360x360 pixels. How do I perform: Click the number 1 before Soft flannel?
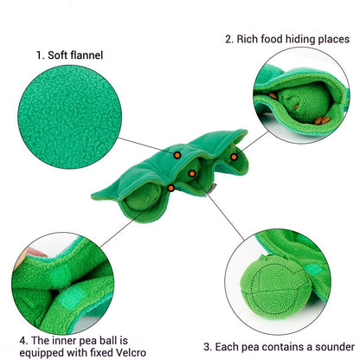[x=39, y=55]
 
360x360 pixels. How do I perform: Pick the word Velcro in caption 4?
[x=131, y=352]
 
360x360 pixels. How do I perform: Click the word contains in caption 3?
[x=281, y=347]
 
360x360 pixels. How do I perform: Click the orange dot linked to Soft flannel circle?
[x=177, y=155]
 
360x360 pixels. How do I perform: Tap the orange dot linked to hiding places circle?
[x=234, y=157]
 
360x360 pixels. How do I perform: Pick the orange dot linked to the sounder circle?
[x=192, y=173]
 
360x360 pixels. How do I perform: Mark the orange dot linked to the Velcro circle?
[x=171, y=188]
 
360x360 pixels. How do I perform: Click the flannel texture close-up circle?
[x=69, y=117]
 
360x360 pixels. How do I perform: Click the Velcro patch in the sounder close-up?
[x=314, y=270]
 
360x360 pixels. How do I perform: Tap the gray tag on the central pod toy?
[x=213, y=189]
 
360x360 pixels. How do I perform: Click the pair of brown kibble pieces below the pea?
[x=322, y=120]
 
